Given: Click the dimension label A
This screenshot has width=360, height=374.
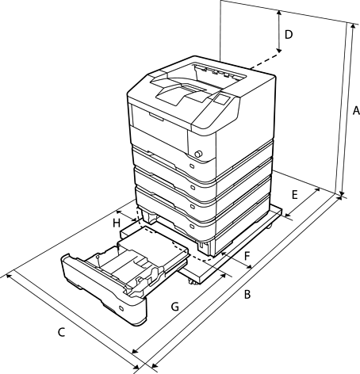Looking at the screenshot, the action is coord(356,110).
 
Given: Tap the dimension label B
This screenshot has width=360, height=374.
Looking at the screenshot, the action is coord(247,295).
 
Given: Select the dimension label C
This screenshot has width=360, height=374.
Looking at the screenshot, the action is coord(61,332).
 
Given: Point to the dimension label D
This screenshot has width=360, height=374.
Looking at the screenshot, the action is coord(289,35).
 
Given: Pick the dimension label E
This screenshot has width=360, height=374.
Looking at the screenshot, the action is coord(295,195).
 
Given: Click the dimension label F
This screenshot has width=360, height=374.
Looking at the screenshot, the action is coord(247,256).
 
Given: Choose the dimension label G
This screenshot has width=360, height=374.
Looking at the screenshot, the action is coord(175,307).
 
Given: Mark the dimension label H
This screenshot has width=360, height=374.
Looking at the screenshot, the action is coord(117,223).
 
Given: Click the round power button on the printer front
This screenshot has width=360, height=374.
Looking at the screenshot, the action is coord(198,154).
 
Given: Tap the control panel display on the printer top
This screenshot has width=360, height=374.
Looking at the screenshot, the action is coord(220,100).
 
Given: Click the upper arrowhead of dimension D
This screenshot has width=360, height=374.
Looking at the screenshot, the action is coord(279,13).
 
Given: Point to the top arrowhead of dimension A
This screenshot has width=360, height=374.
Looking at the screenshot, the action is coord(353,26).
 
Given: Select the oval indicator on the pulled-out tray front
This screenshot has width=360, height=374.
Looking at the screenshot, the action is coord(121,308).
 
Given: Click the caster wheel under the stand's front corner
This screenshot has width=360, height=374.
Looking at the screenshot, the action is coord(192,283).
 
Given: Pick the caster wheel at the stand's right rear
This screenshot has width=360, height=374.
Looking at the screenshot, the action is coord(269,227).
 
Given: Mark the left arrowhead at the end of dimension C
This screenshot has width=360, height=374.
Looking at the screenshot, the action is coord(8,276).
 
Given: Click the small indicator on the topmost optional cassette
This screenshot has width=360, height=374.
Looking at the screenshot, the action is coord(192,166).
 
